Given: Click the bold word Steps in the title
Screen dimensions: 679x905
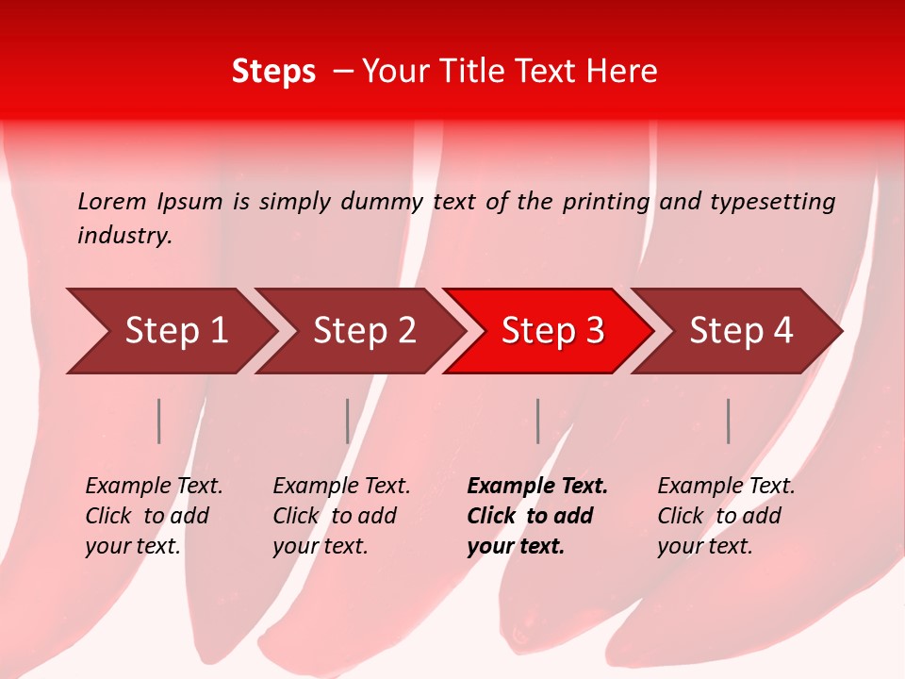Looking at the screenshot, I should tap(273, 72).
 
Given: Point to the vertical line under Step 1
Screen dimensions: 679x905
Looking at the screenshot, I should tap(159, 421).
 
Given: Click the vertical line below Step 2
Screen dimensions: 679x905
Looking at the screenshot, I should tap(348, 421).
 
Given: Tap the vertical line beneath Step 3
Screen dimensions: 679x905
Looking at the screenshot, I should tap(537, 421).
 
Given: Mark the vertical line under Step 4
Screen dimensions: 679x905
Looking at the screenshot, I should tap(728, 421).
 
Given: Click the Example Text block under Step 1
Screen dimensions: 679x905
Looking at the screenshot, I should tap(154, 516).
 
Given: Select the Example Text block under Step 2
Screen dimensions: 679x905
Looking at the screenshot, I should tap(341, 516).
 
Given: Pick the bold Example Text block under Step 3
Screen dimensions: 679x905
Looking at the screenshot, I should tap(537, 516).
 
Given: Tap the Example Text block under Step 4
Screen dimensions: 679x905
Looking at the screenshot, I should tap(726, 516).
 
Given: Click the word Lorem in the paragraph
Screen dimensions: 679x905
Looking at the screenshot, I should tap(112, 202).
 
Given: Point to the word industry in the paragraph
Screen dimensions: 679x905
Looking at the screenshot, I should tap(123, 236).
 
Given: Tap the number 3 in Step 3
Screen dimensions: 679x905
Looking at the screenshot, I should tap(593, 331).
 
